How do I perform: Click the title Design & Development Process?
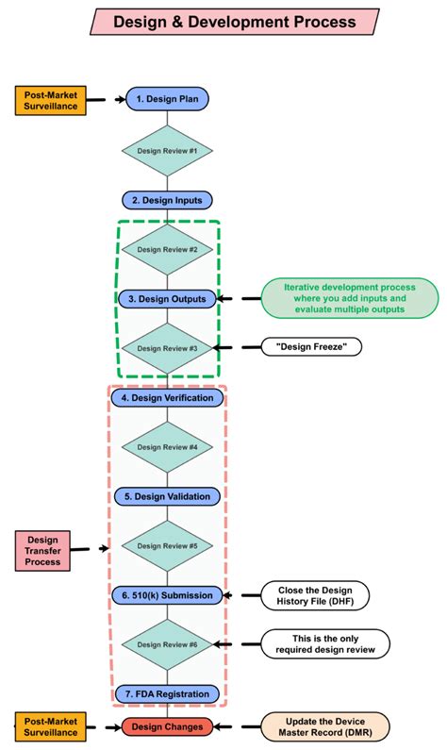click(235, 21)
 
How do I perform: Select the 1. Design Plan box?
click(168, 98)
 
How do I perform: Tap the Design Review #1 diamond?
click(168, 150)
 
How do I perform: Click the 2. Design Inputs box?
click(168, 200)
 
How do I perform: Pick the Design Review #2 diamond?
click(168, 250)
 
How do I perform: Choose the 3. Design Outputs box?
click(168, 298)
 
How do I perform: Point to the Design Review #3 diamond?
click(168, 348)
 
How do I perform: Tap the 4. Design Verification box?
click(168, 398)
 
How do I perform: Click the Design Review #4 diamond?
click(168, 447)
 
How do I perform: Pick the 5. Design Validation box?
click(168, 495)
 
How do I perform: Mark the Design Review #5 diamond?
click(168, 545)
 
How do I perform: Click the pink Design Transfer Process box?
click(42, 549)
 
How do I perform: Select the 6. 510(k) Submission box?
click(168, 595)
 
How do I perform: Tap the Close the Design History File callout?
click(316, 595)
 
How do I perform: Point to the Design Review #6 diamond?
click(168, 644)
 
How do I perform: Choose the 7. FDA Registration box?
click(168, 694)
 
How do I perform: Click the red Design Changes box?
click(168, 726)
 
